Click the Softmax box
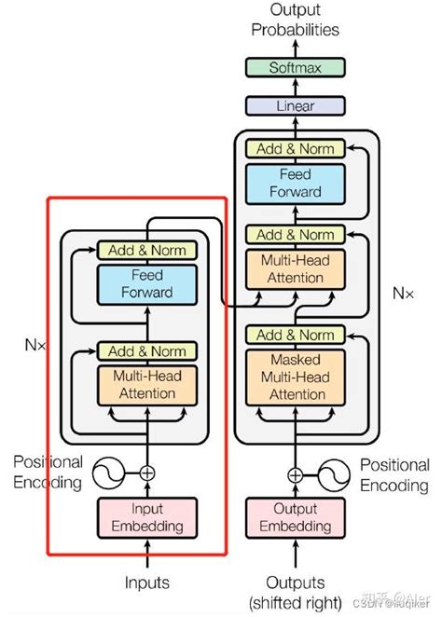tap(295, 67)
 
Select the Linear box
tap(295, 106)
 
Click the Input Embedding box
tap(146, 518)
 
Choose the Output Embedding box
tap(295, 518)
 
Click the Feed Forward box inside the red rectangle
tap(146, 284)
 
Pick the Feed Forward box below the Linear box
tap(295, 184)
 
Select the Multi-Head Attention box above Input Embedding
tap(146, 386)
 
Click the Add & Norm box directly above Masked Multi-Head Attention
tap(295, 335)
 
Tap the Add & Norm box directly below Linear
tap(295, 148)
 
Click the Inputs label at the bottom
tap(146, 583)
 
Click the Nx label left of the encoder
tap(36, 342)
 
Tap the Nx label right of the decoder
tap(403, 293)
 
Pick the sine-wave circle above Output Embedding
tap(337, 473)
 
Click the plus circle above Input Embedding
tap(146, 473)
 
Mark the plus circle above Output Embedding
tap(295, 473)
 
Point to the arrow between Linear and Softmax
tap(295, 87)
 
